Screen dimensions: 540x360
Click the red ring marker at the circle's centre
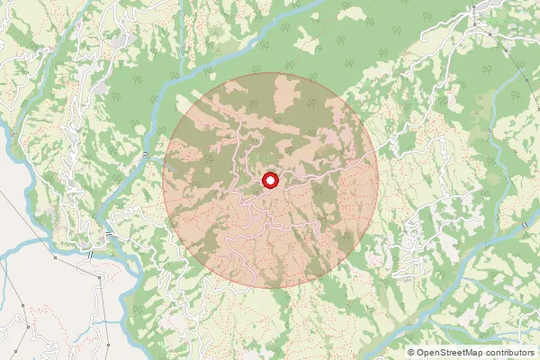270,182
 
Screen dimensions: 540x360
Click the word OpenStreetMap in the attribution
455,353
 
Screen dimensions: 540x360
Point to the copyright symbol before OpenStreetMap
411,353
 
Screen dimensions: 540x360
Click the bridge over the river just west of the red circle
144,157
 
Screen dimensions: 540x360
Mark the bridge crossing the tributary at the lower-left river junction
109,236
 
